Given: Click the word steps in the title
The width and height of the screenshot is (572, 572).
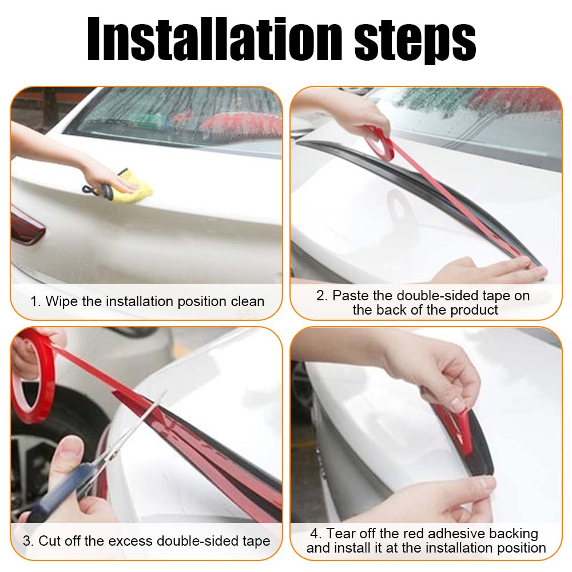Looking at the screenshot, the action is (x=415, y=41).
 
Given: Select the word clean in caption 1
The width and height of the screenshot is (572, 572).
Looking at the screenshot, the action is (x=247, y=301).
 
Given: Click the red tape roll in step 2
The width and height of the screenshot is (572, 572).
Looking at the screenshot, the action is (x=379, y=143).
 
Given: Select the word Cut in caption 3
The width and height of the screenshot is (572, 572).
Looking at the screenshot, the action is (x=51, y=541).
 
